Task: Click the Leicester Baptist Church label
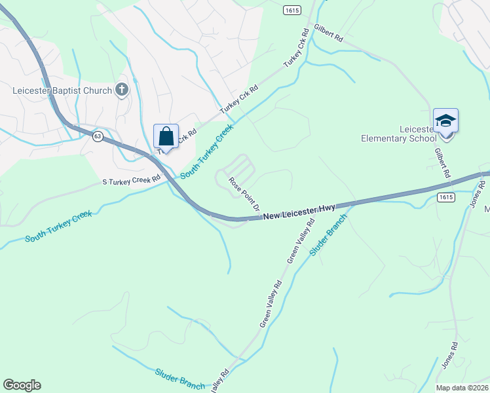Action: pyautogui.click(x=62, y=90)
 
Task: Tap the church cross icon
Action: pyautogui.click(x=122, y=90)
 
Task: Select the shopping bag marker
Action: pyautogui.click(x=166, y=138)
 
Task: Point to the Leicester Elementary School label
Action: pyautogui.click(x=399, y=133)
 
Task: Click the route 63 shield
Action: pyautogui.click(x=98, y=136)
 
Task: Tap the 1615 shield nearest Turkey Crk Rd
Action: pyautogui.click(x=292, y=10)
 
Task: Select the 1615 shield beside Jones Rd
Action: pyautogui.click(x=446, y=197)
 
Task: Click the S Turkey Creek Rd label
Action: pyautogui.click(x=131, y=179)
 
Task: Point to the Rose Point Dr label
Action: pyautogui.click(x=244, y=193)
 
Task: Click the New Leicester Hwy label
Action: pyautogui.click(x=300, y=211)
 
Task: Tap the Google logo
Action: pyautogui.click(x=22, y=385)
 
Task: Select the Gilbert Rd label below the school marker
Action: pyautogui.click(x=443, y=162)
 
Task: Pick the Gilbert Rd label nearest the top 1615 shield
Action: pyautogui.click(x=328, y=33)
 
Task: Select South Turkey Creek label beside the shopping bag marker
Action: pyautogui.click(x=206, y=152)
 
